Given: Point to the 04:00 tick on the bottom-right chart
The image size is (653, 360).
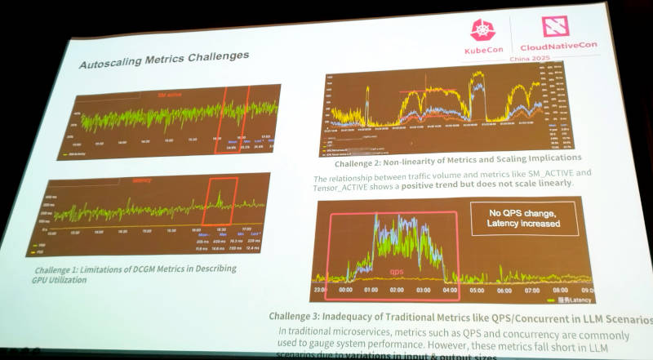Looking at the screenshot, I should pos(448,291).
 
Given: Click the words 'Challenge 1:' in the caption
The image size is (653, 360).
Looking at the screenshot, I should pos(64,268).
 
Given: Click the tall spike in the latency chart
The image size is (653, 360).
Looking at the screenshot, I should pos(218,197).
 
